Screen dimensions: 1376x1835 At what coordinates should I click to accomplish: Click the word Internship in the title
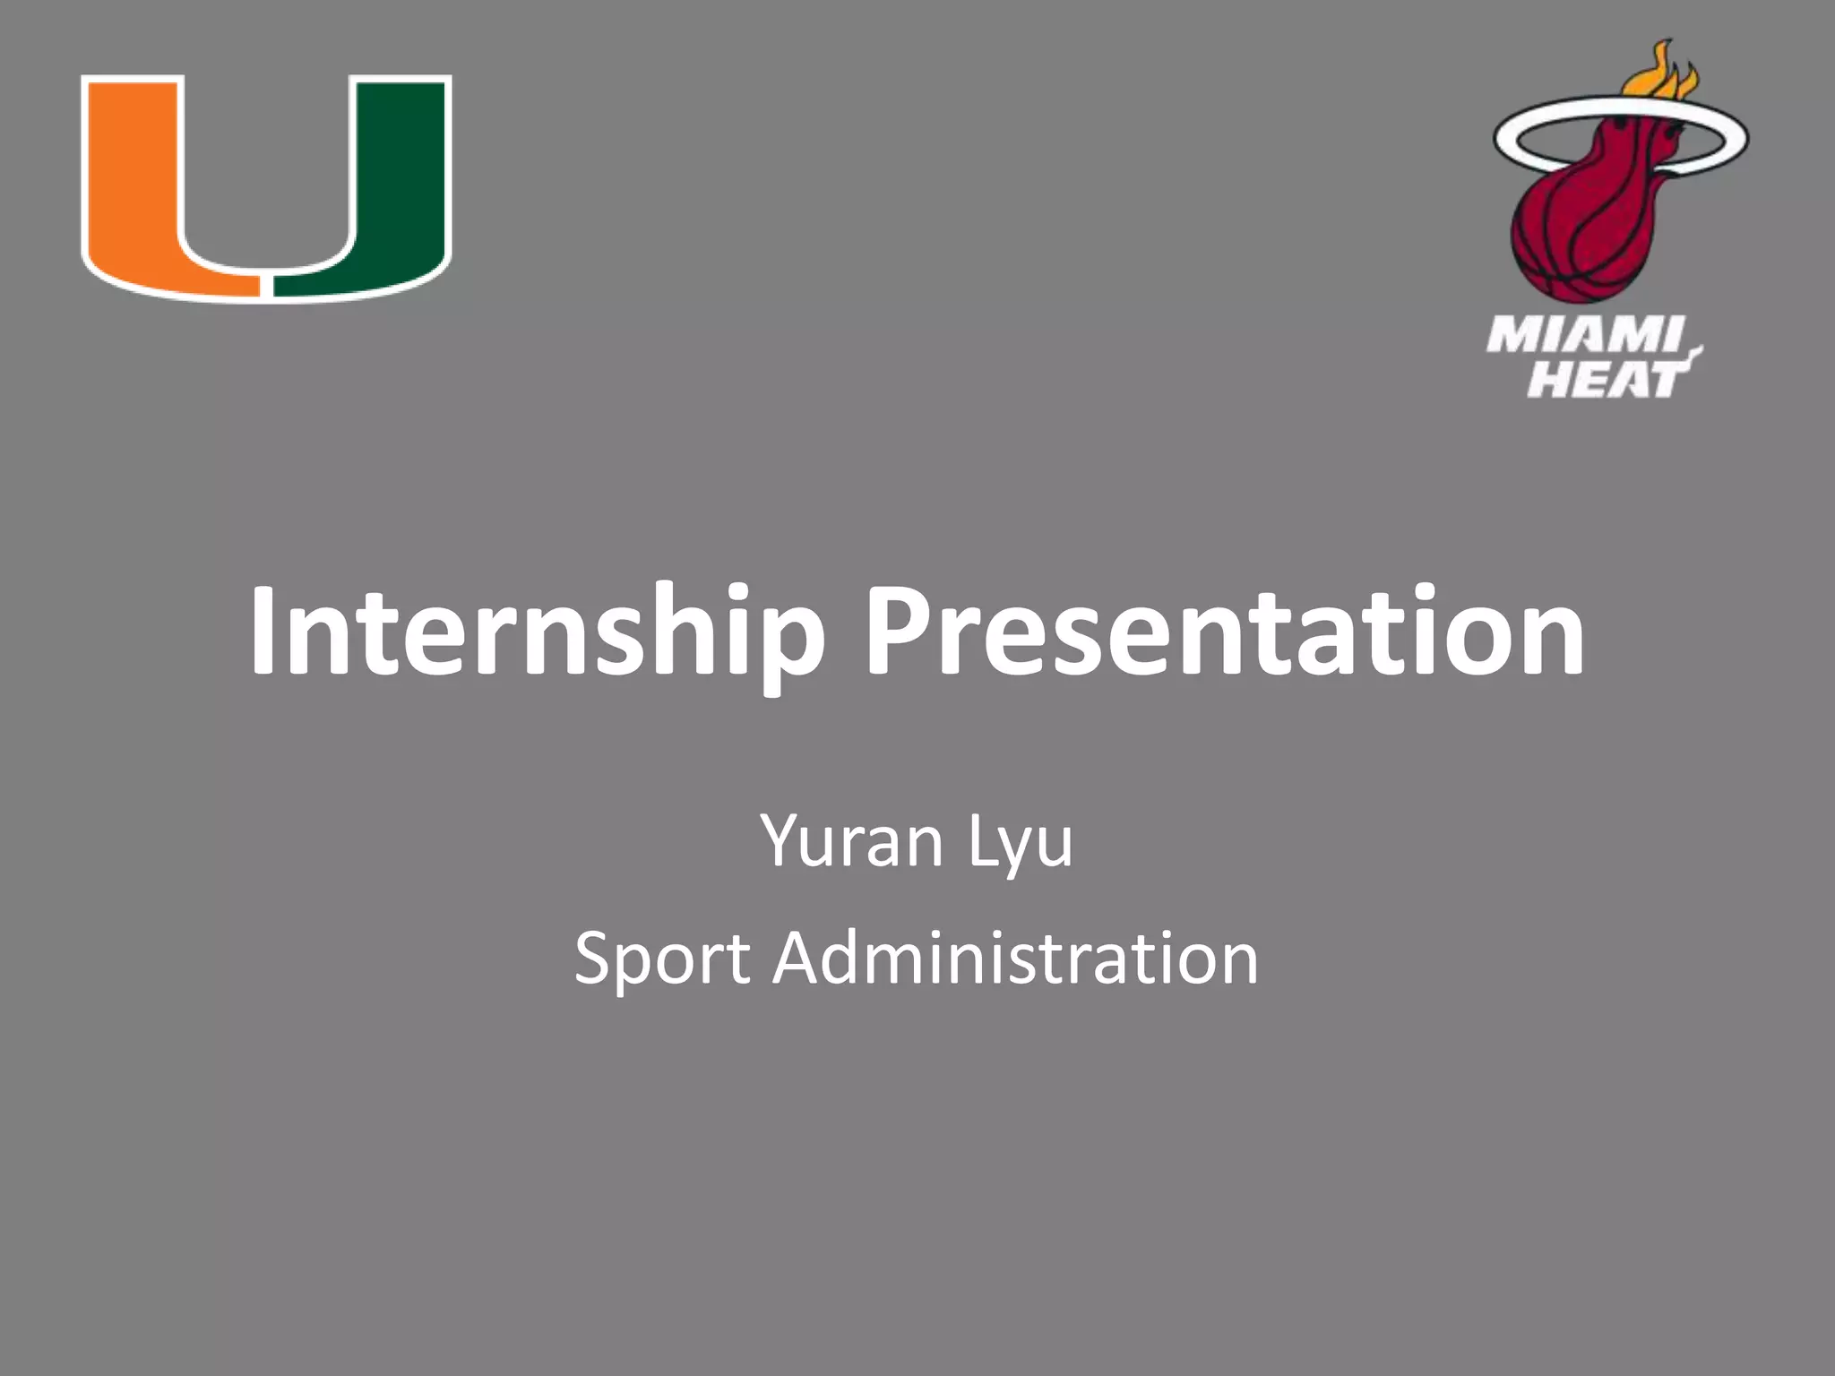536,632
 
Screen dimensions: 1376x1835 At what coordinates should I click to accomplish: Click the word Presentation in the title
1224,632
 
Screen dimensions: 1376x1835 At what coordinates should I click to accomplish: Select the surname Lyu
1020,842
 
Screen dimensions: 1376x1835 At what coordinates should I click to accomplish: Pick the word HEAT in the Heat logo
1604,379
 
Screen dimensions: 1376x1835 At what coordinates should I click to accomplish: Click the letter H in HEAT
1547,379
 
